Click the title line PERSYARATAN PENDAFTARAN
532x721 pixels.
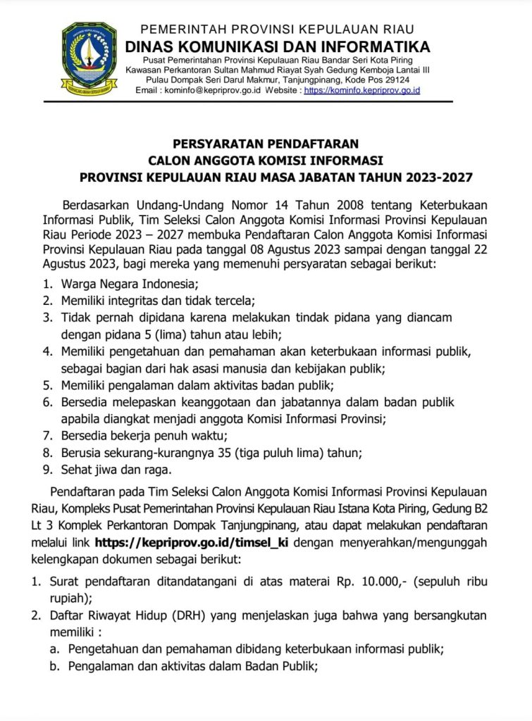click(x=266, y=142)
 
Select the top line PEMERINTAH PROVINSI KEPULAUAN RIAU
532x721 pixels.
click(x=278, y=30)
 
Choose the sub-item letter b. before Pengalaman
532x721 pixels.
click(x=54, y=667)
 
